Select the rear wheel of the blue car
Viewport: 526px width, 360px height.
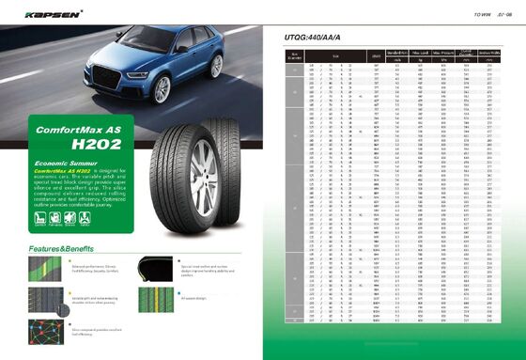[215, 65]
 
